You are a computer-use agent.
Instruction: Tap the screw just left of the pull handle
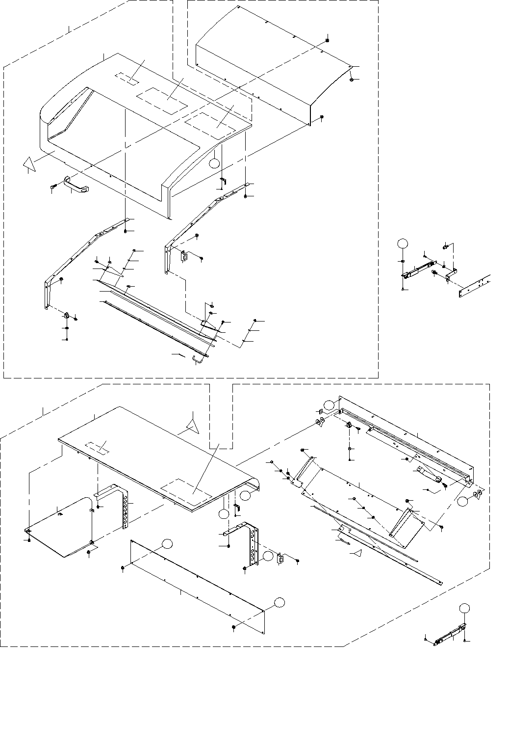[x=53, y=186]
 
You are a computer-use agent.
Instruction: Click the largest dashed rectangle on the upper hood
[x=162, y=102]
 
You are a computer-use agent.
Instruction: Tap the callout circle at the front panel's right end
[x=279, y=602]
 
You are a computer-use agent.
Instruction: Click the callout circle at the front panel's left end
[x=168, y=543]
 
